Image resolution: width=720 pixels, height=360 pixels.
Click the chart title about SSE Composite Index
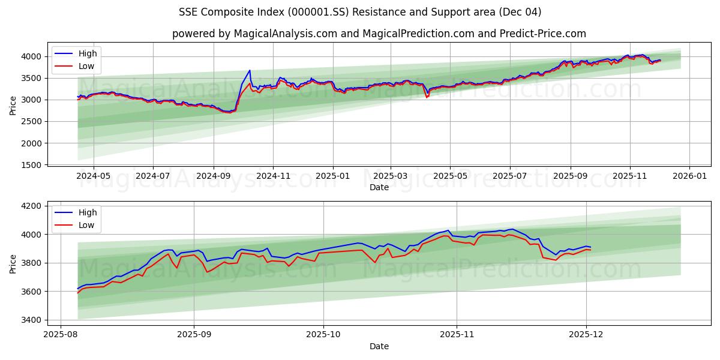[x=360, y=12]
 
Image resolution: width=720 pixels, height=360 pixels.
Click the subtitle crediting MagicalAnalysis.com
[x=379, y=34]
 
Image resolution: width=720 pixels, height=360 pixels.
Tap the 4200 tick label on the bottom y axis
[x=31, y=206]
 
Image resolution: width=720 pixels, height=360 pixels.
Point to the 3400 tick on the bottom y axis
[x=31, y=320]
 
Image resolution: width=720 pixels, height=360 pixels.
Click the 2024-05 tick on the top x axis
[x=94, y=176]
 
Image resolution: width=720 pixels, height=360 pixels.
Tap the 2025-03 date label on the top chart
[x=391, y=176]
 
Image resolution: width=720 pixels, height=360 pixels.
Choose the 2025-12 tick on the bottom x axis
[x=586, y=335]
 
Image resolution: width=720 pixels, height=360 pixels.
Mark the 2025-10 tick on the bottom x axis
[x=323, y=335]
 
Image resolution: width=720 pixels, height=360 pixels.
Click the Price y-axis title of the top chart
[x=13, y=106]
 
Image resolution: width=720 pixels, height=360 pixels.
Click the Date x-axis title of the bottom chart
[x=379, y=346]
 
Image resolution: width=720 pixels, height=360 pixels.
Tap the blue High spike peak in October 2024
[x=250, y=70]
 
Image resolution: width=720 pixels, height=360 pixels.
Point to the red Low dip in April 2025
[x=427, y=97]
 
